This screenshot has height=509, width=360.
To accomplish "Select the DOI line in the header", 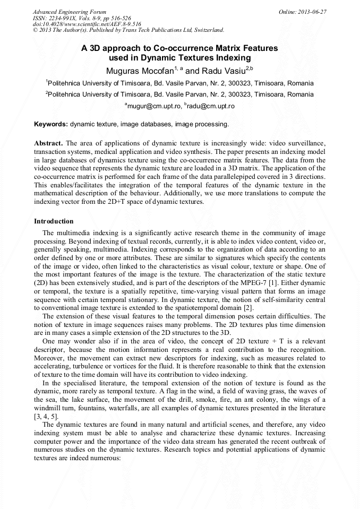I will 87,24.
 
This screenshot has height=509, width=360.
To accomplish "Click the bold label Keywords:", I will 51,124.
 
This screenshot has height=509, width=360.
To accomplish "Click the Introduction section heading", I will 54,221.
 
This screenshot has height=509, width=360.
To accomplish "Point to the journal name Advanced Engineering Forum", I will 69,11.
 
